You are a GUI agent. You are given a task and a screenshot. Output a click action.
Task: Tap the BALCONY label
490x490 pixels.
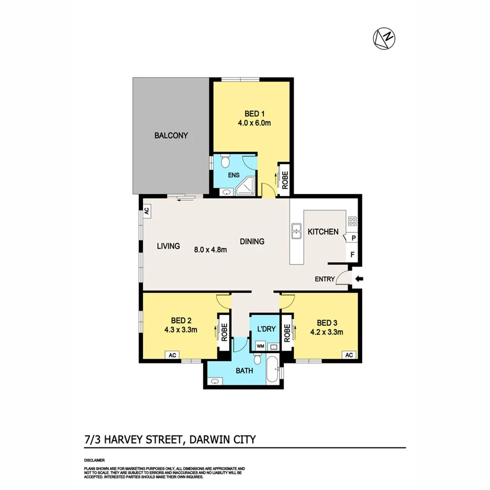click(171, 136)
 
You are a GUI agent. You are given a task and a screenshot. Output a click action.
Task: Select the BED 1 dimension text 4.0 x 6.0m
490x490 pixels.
click(251, 124)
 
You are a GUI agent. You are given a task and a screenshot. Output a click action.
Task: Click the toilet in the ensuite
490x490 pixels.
click(224, 160)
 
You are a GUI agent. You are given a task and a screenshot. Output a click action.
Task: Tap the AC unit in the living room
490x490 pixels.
click(147, 211)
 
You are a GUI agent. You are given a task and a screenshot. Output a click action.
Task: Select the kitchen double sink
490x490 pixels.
click(297, 231)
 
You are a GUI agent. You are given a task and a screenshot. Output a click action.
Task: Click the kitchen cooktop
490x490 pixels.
click(352, 222)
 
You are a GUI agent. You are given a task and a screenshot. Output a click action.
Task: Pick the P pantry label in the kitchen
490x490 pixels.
click(353, 238)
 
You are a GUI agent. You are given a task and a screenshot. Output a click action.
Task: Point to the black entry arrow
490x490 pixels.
click(359, 279)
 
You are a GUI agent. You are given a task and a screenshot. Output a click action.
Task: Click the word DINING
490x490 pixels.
click(252, 242)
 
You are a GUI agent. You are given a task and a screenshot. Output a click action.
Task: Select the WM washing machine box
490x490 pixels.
click(260, 346)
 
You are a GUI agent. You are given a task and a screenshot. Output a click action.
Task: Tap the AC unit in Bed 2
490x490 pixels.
click(172, 355)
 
